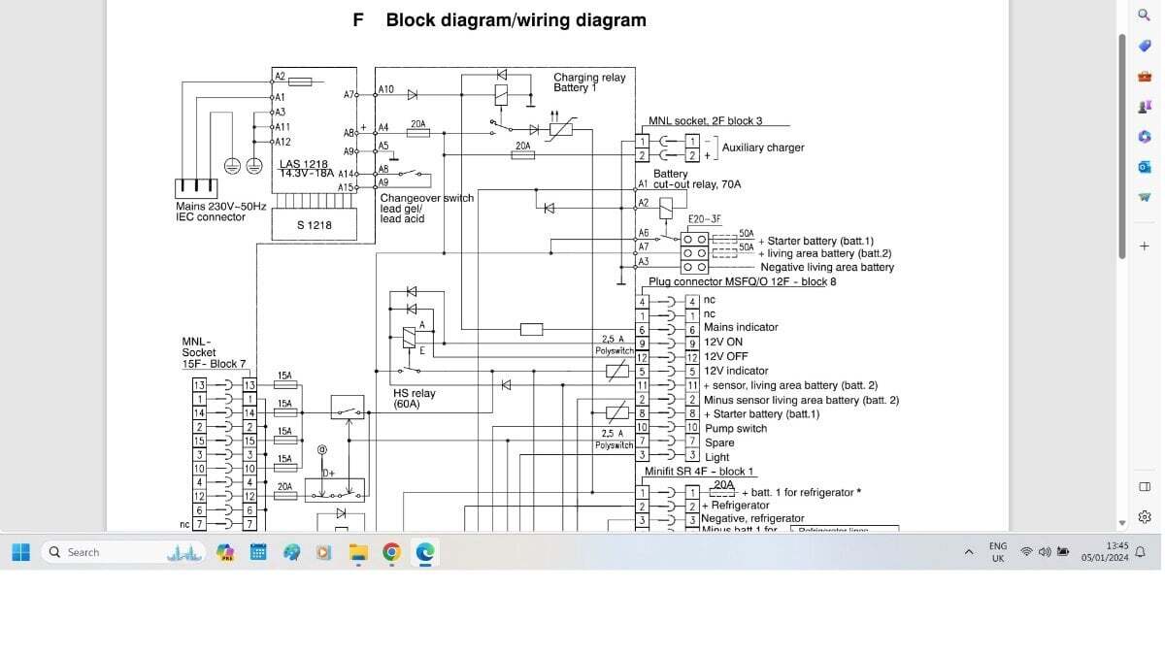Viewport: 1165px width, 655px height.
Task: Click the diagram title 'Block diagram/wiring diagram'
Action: tap(516, 20)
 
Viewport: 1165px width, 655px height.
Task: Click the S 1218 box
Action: tap(314, 225)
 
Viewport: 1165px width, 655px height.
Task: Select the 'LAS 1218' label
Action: tap(304, 164)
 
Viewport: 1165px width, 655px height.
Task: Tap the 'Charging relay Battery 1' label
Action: tap(589, 82)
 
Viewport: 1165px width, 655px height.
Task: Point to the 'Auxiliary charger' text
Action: tap(763, 147)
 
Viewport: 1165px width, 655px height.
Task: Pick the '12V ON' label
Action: tap(723, 343)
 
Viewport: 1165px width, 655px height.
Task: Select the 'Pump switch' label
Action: tap(736, 428)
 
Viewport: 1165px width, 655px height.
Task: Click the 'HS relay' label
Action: tap(415, 394)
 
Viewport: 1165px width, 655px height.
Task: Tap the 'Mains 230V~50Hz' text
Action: tap(220, 207)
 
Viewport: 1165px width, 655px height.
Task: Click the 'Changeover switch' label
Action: tap(426, 198)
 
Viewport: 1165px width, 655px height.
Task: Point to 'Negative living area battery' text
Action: tap(827, 267)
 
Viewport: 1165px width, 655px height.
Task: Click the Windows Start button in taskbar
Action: tap(20, 552)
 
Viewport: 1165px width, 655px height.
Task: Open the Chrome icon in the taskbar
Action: tap(391, 552)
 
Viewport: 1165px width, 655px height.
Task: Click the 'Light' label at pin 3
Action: tap(717, 457)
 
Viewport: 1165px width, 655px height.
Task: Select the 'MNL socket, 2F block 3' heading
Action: tap(705, 121)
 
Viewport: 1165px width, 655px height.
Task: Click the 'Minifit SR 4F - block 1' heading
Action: tap(698, 472)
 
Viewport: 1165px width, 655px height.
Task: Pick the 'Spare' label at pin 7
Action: tap(719, 442)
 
